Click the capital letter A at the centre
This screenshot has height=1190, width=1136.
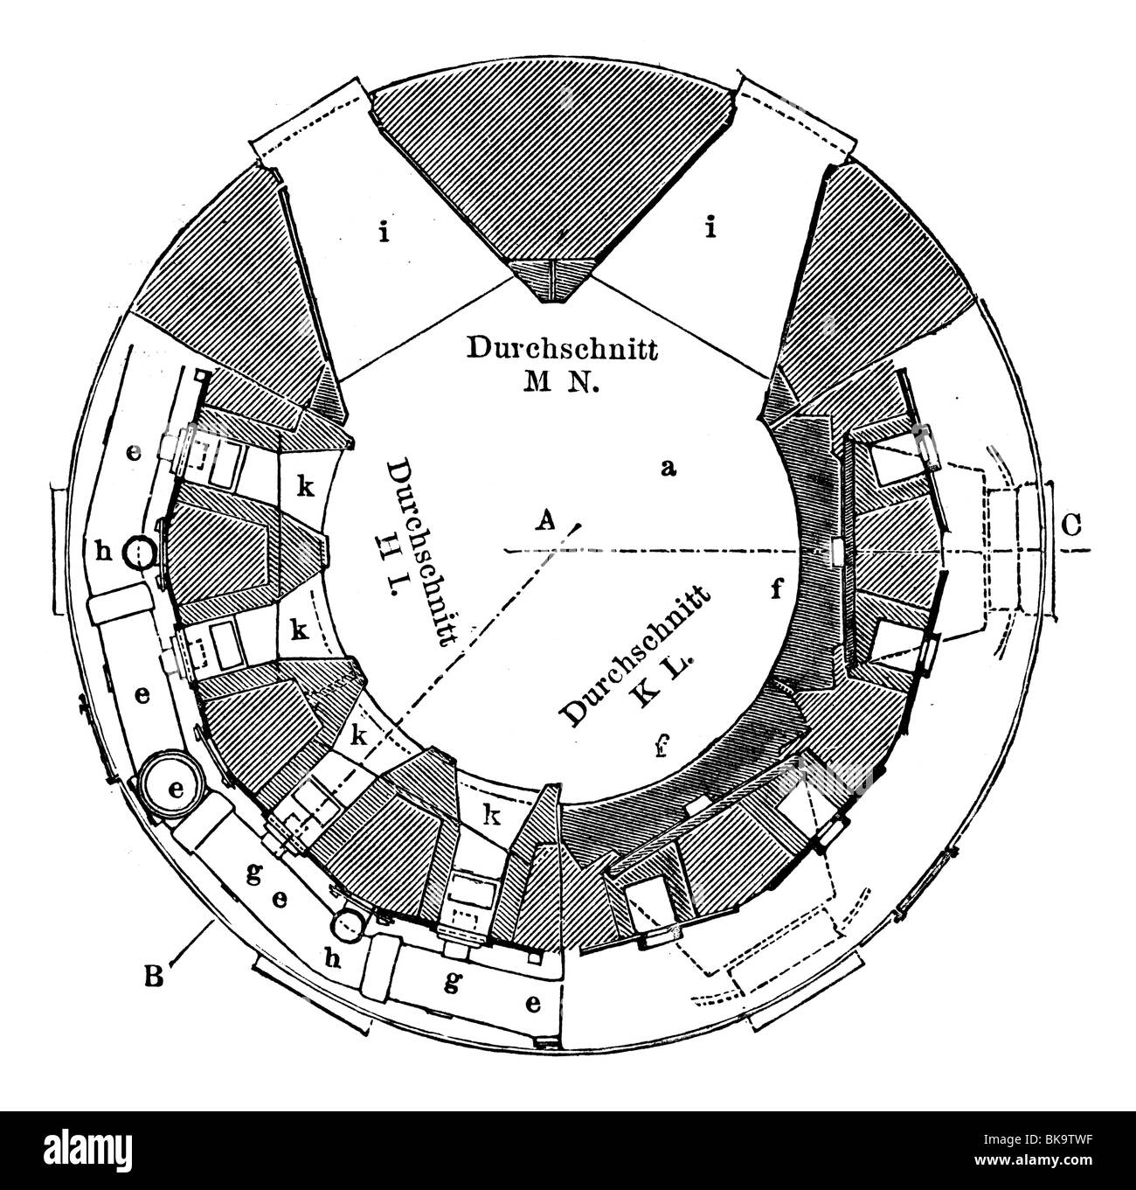click(544, 521)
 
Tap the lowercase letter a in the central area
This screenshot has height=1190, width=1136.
click(669, 468)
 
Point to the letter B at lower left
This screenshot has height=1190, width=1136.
click(154, 976)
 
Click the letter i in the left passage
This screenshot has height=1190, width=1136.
click(383, 233)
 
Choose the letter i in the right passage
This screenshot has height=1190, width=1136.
click(710, 229)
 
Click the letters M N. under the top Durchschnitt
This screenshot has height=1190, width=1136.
click(561, 383)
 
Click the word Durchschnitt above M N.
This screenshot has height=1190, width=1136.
click(562, 349)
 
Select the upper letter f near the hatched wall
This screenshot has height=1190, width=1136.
click(776, 589)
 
